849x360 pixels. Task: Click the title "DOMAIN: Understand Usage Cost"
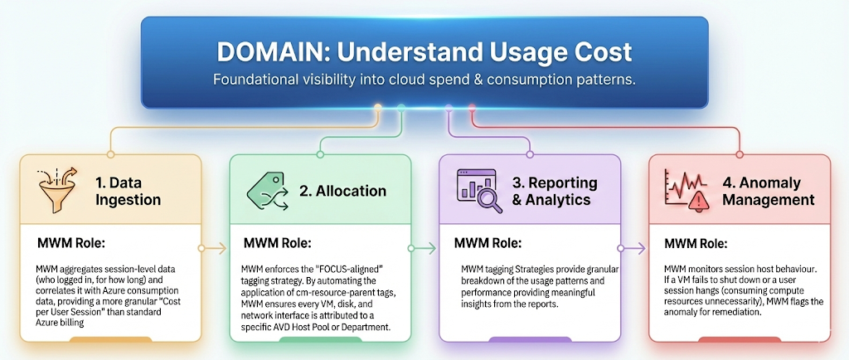[424, 52]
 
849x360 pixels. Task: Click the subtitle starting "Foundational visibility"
[424, 80]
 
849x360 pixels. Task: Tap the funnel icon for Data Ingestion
[56, 189]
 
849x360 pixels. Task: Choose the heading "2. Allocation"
[342, 191]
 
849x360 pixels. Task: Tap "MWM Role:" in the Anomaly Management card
[696, 244]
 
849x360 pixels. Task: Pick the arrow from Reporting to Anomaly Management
[634, 248]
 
